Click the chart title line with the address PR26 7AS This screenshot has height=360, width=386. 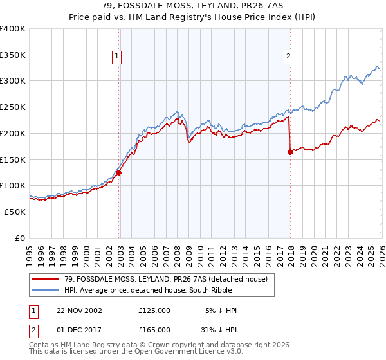(x=193, y=6)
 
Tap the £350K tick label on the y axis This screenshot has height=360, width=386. (x=13, y=55)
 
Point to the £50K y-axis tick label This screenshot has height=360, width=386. (x=15, y=212)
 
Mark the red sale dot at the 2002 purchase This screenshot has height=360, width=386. (x=119, y=172)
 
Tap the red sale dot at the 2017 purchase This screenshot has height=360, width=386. (x=290, y=152)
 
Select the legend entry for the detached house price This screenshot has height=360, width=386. (x=169, y=278)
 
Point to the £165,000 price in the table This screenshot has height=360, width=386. (x=154, y=330)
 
